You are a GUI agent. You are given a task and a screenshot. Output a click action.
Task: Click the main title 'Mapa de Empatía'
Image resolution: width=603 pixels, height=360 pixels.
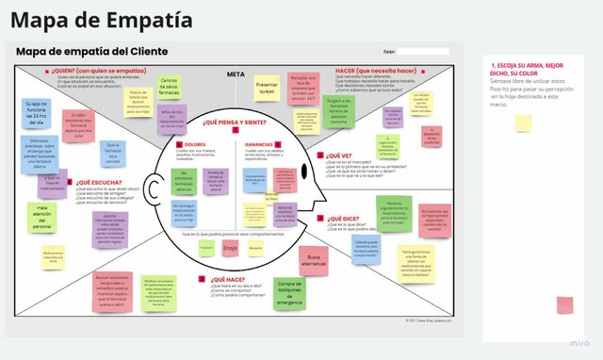coord(102,19)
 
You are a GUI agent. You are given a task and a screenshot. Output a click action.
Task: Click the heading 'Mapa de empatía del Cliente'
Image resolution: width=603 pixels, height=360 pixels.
coord(92,51)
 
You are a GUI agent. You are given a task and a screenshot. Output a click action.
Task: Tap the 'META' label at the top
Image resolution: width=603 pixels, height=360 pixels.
coord(236,74)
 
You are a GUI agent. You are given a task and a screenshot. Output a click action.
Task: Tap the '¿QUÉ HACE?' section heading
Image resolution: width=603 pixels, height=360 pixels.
coord(228,280)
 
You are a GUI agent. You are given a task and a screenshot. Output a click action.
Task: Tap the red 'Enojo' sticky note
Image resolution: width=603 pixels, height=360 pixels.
coord(231,248)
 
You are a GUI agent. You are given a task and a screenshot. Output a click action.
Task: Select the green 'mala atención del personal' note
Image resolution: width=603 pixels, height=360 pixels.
coord(42,217)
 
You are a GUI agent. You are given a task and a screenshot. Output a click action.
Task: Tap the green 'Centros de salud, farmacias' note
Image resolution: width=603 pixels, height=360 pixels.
coord(170,86)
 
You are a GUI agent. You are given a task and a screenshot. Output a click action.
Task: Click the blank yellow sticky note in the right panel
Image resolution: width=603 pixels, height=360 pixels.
coord(523,123)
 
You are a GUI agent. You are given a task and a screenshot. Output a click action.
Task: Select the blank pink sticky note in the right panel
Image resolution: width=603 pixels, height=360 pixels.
coord(564,304)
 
